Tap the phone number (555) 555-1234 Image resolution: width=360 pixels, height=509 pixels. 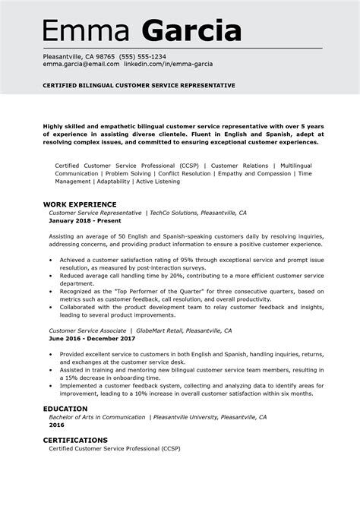tap(142, 57)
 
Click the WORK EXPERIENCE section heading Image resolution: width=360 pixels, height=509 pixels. tap(80, 204)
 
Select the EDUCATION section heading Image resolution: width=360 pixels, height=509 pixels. tap(65, 408)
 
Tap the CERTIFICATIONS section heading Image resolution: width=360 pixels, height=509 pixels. tap(74, 440)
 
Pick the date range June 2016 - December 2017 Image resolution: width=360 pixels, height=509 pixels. tap(93, 339)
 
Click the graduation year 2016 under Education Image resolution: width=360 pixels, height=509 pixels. tap(56, 425)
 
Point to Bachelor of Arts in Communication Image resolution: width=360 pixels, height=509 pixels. tap(96, 417)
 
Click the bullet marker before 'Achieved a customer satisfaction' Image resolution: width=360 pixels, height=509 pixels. tap(51, 260)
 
